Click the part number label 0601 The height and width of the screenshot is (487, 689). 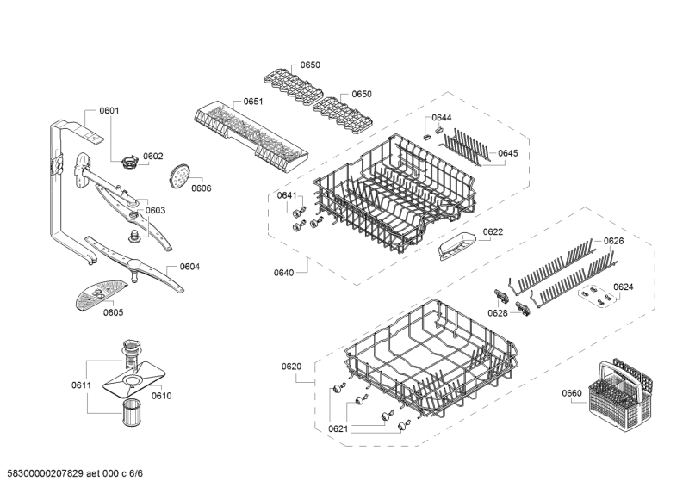point(109,111)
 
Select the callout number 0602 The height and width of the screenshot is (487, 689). point(153,157)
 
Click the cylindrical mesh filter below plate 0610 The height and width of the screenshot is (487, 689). point(131,412)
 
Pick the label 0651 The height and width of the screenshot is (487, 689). point(253,102)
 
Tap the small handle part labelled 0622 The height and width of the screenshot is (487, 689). point(456,246)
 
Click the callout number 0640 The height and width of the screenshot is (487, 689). point(284,273)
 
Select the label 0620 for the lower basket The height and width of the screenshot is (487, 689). point(292,367)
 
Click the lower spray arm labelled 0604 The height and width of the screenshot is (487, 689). point(134,264)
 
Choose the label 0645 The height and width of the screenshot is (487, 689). point(508,153)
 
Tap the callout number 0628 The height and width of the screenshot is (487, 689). point(498,313)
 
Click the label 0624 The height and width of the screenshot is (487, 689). point(624,287)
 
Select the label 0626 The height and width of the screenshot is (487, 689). point(613,241)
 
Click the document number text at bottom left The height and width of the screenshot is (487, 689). point(75,473)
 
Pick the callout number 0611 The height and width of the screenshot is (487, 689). point(81,385)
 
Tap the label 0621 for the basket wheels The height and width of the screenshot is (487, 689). point(338,429)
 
